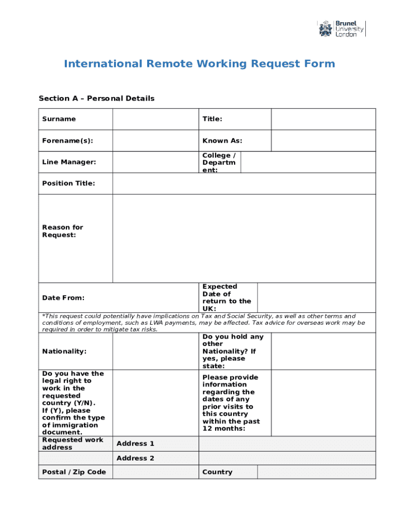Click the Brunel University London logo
[341, 29]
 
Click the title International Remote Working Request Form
[199, 64]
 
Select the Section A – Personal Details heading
[96, 99]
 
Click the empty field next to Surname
[155, 119]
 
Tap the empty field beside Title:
[324, 119]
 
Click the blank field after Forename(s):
[155, 141]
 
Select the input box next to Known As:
[324, 141]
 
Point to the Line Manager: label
[69, 162]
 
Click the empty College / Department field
[308, 162]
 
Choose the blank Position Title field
[244, 184]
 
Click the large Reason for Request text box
[244, 239]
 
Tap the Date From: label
[63, 298]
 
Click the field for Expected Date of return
[316, 298]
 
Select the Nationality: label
[64, 351]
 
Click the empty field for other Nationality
[324, 351]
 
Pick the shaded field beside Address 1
[288, 444]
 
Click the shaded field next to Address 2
[288, 458]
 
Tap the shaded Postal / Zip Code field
[155, 472]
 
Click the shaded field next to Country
[316, 472]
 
